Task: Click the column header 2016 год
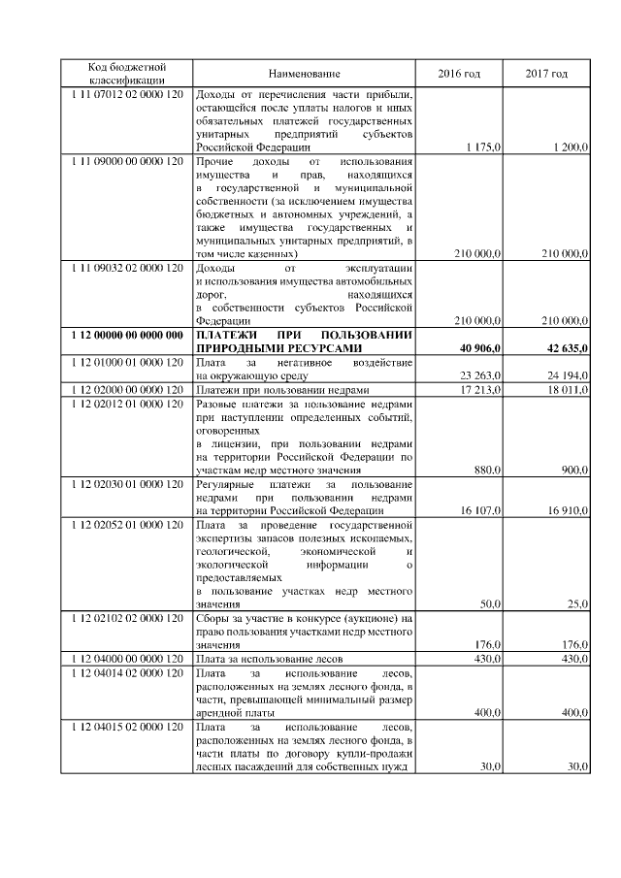click(x=459, y=74)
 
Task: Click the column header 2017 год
click(x=546, y=74)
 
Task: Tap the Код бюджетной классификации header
click(x=127, y=73)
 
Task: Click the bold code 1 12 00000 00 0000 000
click(x=127, y=335)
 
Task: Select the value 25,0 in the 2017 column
click(x=577, y=603)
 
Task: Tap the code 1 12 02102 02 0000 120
click(x=127, y=618)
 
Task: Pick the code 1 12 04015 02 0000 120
click(x=127, y=726)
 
